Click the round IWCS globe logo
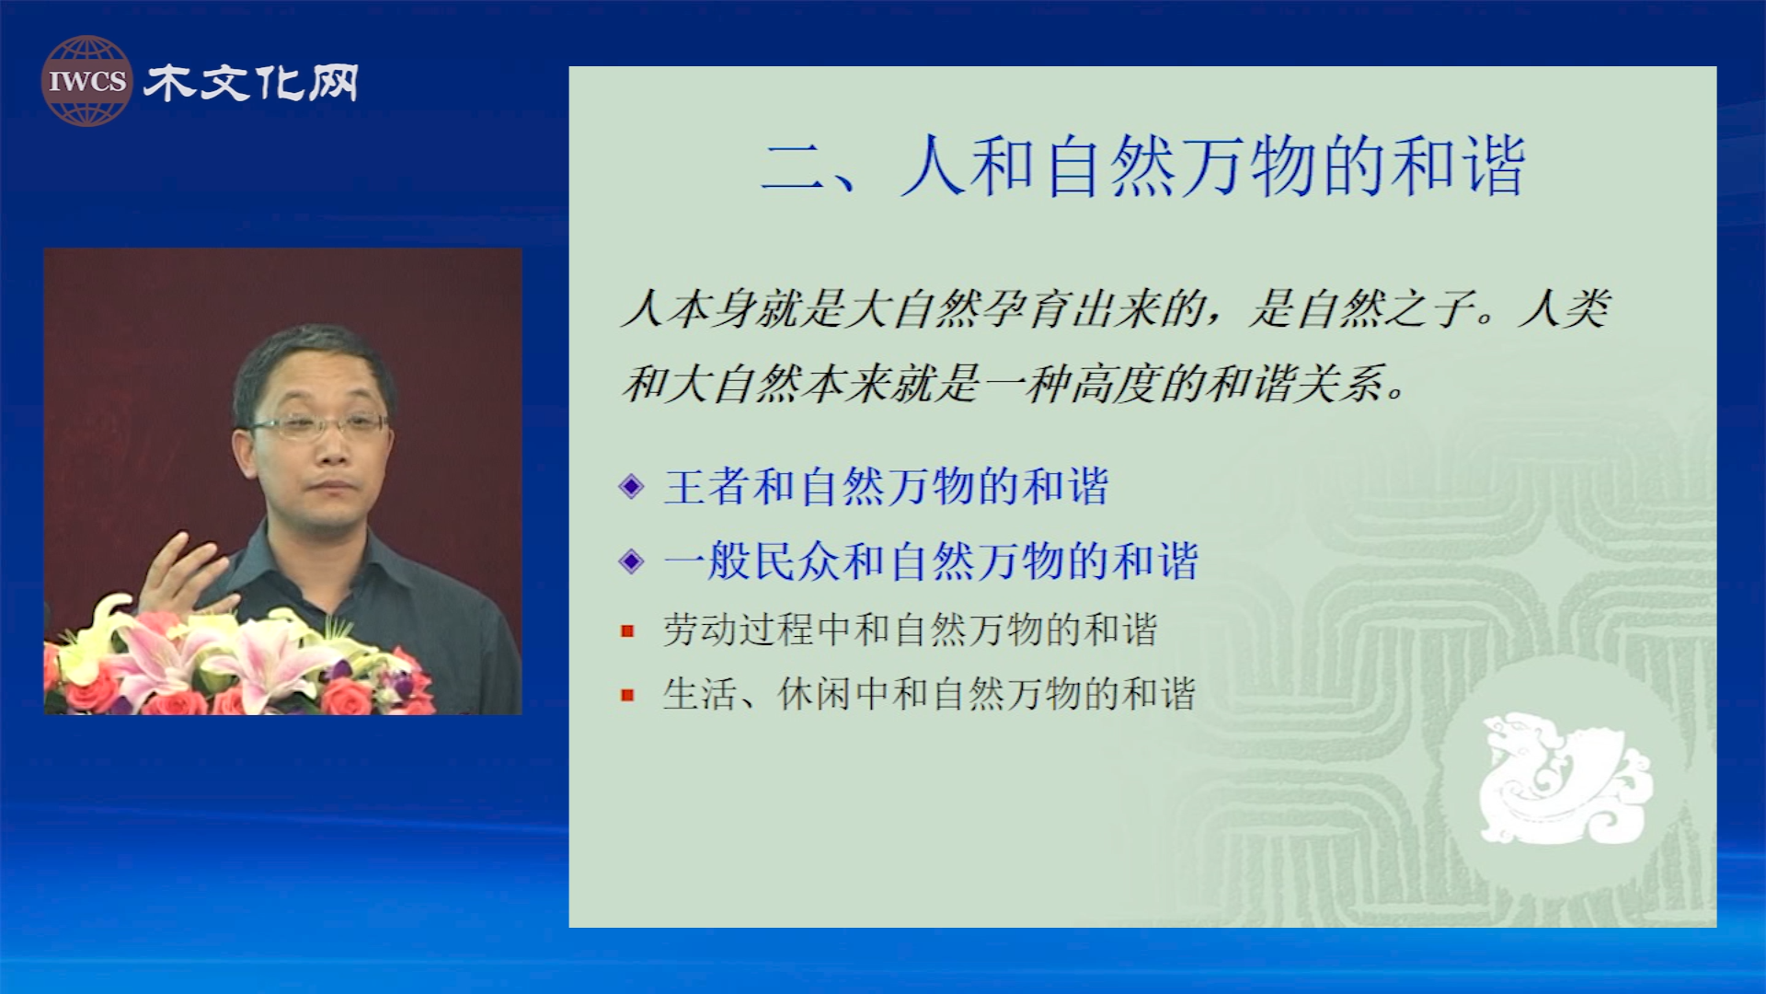pyautogui.click(x=86, y=81)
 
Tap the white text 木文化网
pyautogui.click(x=251, y=83)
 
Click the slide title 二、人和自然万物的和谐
pyautogui.click(x=1143, y=166)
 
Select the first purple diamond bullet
pyautogui.click(x=632, y=486)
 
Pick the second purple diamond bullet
pyautogui.click(x=632, y=561)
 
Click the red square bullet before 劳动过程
pyautogui.click(x=627, y=631)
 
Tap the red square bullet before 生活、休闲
pyautogui.click(x=627, y=695)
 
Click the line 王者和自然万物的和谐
pyautogui.click(x=887, y=486)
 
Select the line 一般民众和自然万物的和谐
pyautogui.click(x=931, y=561)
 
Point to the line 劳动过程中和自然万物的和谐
pyautogui.click(x=910, y=630)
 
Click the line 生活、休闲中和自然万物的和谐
pyautogui.click(x=929, y=694)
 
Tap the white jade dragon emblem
pyautogui.click(x=1565, y=779)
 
